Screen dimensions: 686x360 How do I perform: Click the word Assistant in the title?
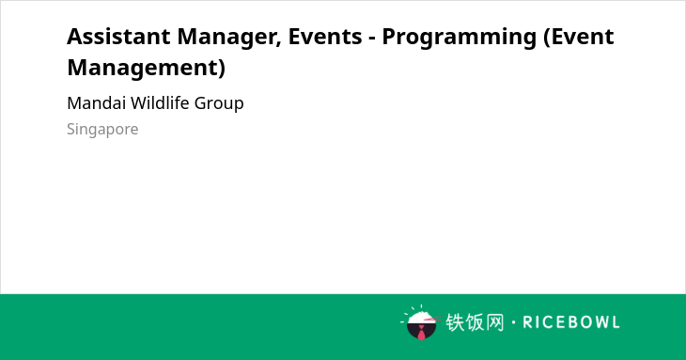(118, 37)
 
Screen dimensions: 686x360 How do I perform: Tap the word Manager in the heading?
(229, 38)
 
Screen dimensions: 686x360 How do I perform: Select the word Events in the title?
(325, 37)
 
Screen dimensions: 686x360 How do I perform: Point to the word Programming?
(459, 38)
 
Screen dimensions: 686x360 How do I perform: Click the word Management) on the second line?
(146, 68)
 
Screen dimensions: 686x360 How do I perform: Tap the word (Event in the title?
(578, 37)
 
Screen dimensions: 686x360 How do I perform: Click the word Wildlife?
(160, 103)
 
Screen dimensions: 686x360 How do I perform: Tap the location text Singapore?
(102, 130)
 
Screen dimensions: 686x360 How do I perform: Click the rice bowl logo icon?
(420, 322)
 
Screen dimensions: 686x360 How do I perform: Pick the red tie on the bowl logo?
(421, 334)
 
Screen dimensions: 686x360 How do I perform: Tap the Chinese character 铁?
(455, 322)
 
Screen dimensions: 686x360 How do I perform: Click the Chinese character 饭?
(475, 322)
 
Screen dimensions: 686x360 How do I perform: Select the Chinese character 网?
(494, 322)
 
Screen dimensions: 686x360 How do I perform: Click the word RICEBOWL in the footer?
(571, 322)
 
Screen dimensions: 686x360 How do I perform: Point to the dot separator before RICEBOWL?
(513, 322)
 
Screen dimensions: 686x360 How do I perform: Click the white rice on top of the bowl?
(421, 316)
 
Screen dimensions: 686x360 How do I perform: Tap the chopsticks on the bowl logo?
(432, 320)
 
